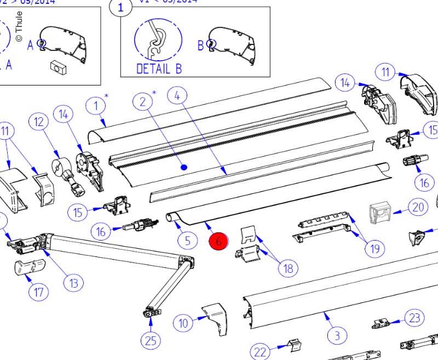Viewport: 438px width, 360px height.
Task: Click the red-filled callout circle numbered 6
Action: click(x=218, y=240)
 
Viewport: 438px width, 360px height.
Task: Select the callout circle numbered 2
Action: click(x=142, y=101)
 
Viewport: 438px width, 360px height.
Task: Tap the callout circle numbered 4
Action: click(x=177, y=95)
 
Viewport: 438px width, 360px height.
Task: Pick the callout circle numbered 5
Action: click(x=187, y=239)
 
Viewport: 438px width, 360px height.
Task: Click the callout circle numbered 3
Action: click(x=337, y=335)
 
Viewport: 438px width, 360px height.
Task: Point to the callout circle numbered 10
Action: click(x=184, y=323)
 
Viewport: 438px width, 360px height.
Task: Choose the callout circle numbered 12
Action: click(x=38, y=123)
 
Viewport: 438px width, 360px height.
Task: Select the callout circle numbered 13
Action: click(x=73, y=283)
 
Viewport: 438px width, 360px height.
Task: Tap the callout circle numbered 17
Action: click(x=38, y=292)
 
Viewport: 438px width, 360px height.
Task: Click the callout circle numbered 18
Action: click(x=289, y=268)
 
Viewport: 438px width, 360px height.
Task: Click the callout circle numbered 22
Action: click(x=261, y=351)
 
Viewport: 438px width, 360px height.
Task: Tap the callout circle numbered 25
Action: click(x=151, y=340)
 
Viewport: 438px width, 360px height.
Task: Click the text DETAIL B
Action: click(x=159, y=68)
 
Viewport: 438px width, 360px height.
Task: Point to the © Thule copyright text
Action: click(x=19, y=27)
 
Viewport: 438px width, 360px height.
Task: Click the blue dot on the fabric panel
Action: click(x=184, y=167)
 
